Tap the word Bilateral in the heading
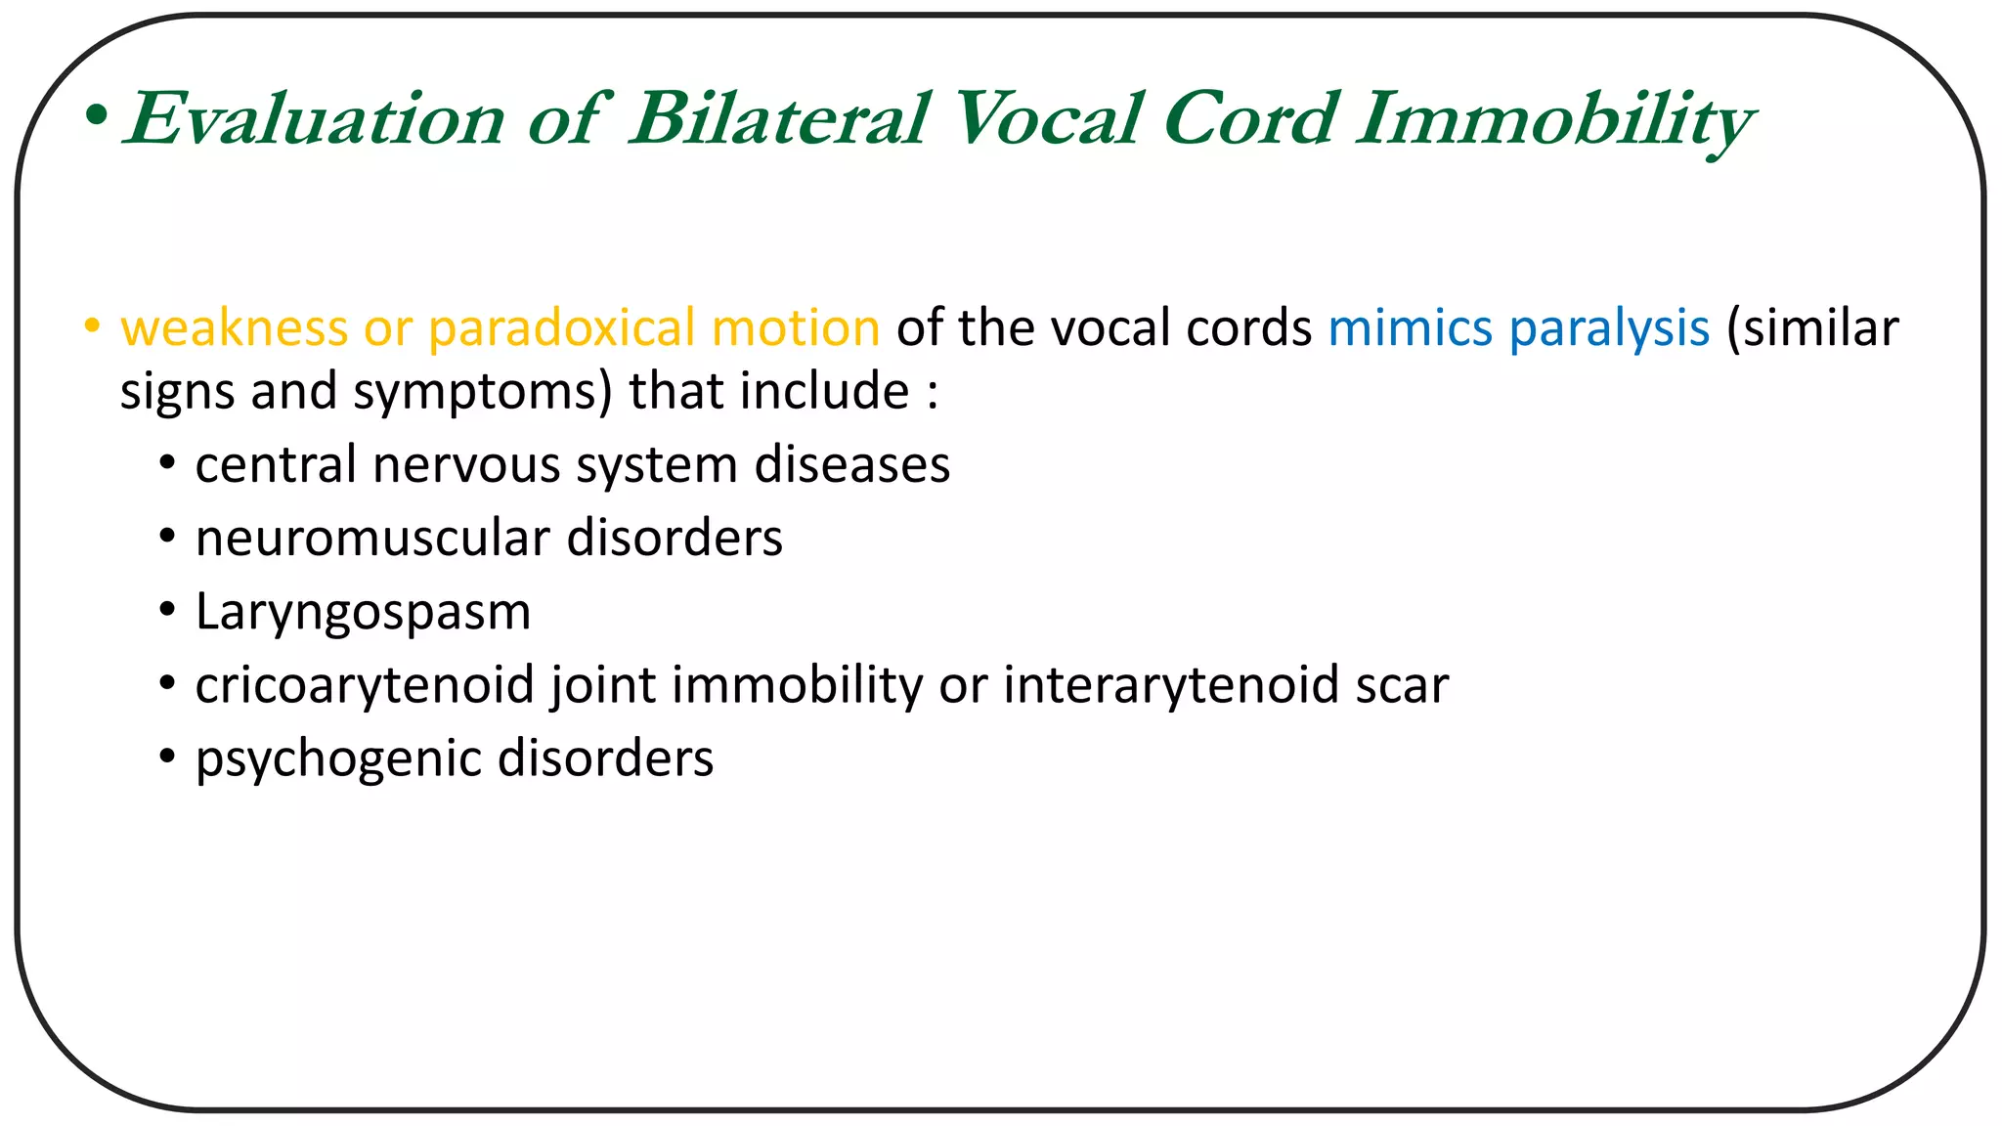click(778, 119)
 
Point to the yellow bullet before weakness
click(92, 326)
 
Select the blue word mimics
click(1410, 328)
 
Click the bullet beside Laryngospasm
click(168, 610)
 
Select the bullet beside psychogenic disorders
click(168, 757)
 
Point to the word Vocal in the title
click(1045, 119)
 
